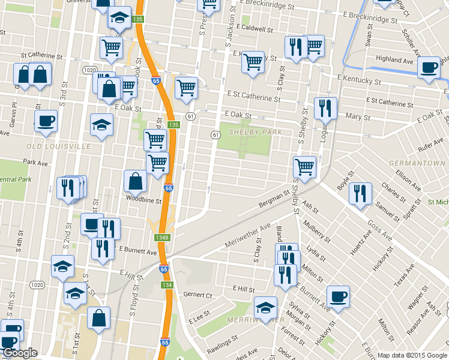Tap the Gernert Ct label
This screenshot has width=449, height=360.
(198, 295)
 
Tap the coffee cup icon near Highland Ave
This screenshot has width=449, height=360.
(429, 67)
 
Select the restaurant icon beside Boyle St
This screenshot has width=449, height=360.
(360, 193)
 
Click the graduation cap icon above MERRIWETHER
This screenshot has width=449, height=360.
(265, 308)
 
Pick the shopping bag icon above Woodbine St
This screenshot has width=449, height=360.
(136, 181)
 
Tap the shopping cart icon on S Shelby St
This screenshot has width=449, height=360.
(305, 167)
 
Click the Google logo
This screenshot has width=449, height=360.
(19, 353)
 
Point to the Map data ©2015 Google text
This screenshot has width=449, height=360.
(412, 355)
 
